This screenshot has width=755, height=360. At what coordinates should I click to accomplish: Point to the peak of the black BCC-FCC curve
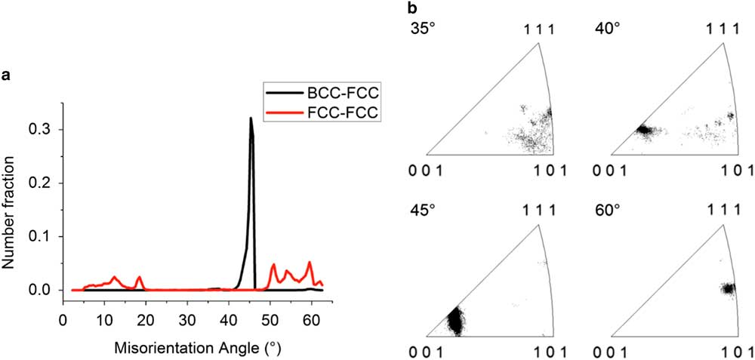pyautogui.click(x=251, y=118)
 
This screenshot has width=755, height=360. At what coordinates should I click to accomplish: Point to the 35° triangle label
pyautogui.click(x=421, y=29)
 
